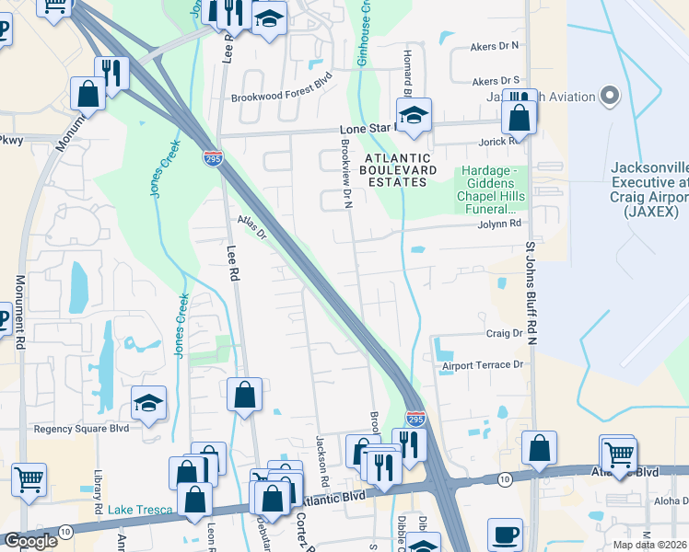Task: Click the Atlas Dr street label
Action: (x=251, y=226)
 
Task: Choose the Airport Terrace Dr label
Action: (x=482, y=365)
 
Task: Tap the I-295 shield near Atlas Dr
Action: (x=212, y=158)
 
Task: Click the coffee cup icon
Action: (x=504, y=534)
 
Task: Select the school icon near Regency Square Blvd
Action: (x=148, y=402)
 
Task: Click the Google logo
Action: (x=30, y=541)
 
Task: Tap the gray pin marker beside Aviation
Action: (x=609, y=96)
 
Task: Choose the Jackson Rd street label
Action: (x=323, y=460)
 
